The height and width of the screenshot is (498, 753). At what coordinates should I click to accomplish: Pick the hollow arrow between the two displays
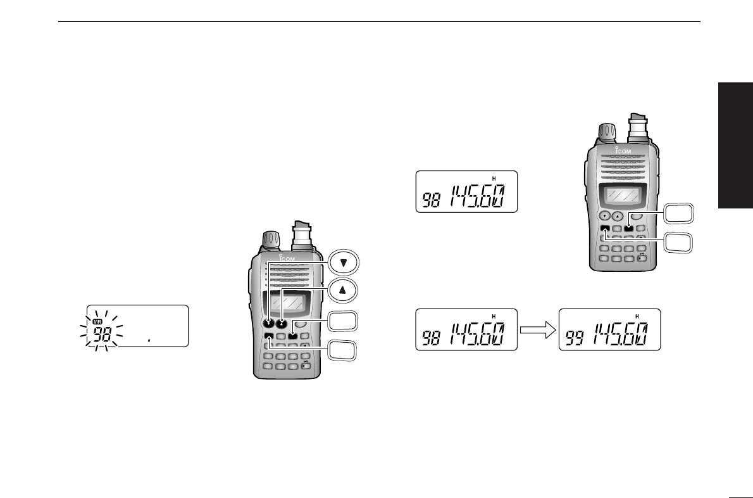coord(538,329)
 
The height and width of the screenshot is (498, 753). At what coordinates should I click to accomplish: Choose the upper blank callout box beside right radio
coord(678,214)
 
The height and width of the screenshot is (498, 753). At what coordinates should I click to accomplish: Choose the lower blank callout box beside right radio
coord(678,243)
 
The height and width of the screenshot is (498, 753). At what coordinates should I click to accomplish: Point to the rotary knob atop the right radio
coord(606,132)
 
